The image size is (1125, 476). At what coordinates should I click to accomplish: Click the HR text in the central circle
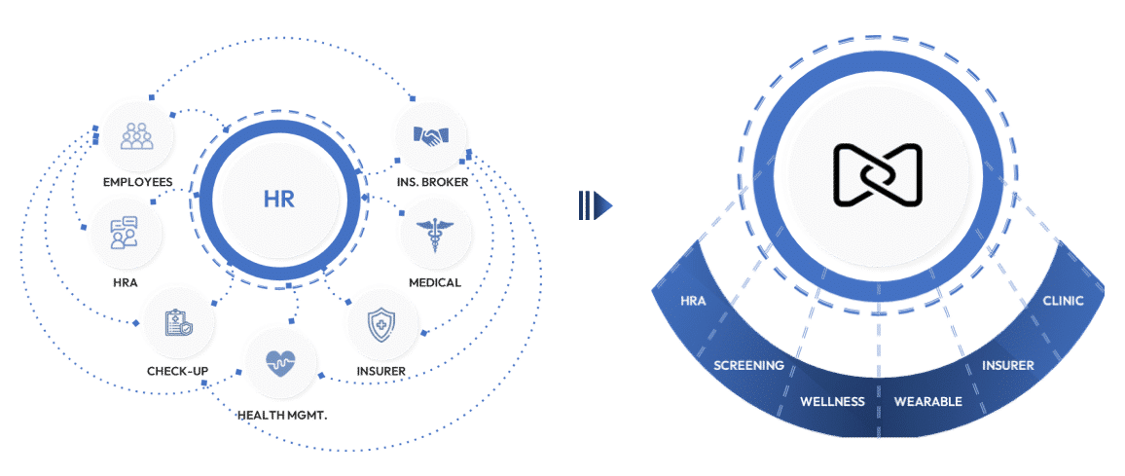[x=278, y=200]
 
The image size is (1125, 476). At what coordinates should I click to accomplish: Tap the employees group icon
[x=136, y=134]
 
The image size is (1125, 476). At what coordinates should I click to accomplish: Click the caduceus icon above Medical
[x=433, y=234]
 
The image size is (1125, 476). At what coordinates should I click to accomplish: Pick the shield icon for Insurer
[x=381, y=322]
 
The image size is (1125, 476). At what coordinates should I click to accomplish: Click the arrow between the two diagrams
[x=594, y=204]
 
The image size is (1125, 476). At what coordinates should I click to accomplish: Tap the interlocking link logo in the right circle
[x=878, y=176]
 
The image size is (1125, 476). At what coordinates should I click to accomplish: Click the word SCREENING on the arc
[x=748, y=366]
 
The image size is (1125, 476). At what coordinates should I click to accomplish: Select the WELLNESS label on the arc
[x=832, y=401]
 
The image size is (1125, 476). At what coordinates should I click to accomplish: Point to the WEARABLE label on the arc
[x=927, y=401]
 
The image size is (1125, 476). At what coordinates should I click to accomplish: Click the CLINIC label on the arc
[x=1063, y=301]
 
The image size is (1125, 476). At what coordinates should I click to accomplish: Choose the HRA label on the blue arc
[x=694, y=301]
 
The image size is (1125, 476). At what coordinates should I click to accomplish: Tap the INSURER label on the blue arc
[x=1007, y=366]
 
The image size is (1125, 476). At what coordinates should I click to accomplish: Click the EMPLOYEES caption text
[x=137, y=182]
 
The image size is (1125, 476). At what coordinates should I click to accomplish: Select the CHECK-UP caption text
[x=177, y=371]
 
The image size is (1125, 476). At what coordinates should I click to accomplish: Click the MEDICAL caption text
[x=434, y=282]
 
